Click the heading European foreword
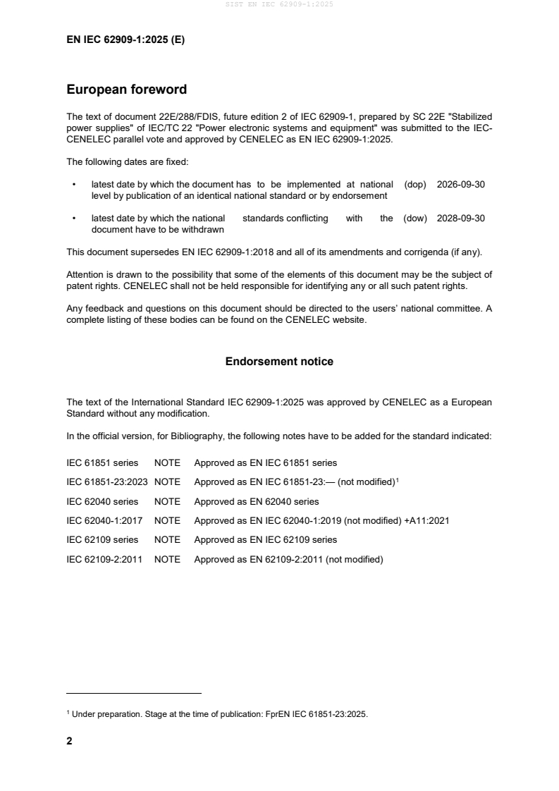click(126, 90)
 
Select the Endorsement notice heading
click(279, 362)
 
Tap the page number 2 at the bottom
click(69, 741)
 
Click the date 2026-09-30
click(461, 184)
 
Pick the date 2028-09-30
click(461, 219)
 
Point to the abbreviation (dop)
click(416, 184)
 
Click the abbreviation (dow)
click(415, 219)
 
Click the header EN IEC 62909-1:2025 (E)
click(125, 40)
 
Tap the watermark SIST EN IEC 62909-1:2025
click(279, 4)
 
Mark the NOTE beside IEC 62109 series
click(167, 540)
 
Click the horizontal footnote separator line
click(134, 694)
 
